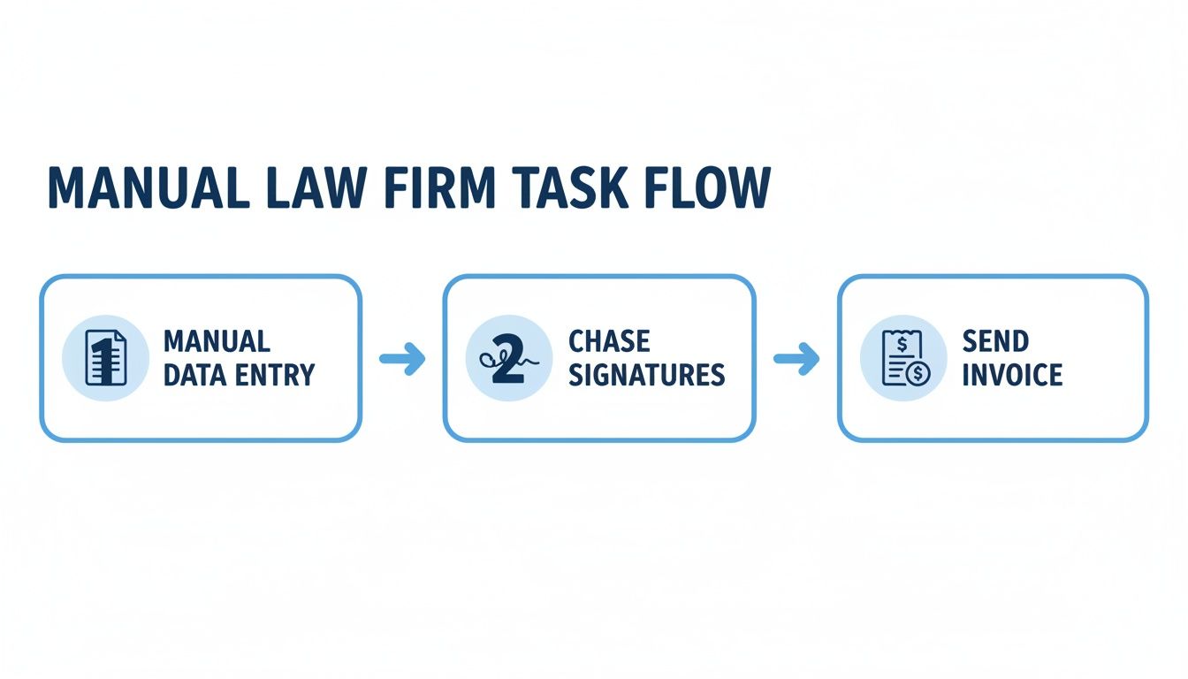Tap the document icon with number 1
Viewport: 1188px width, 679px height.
[105, 357]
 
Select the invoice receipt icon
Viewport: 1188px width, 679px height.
[902, 357]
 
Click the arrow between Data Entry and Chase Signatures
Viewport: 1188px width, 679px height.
[402, 358]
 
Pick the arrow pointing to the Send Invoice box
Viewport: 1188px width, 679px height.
[796, 358]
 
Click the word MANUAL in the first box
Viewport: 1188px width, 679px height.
[217, 341]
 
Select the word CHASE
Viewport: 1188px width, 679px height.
[609, 341]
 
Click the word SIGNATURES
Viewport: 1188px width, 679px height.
[646, 375]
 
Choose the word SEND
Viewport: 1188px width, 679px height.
[995, 341]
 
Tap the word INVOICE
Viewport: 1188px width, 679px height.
[1012, 375]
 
